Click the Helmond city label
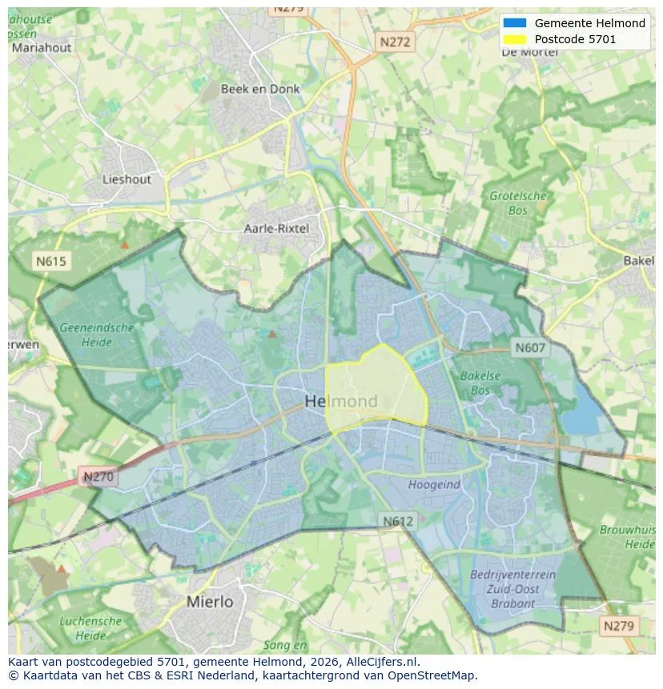tap(341, 401)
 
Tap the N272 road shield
tap(395, 42)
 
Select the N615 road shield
tap(51, 261)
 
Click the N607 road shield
tap(529, 348)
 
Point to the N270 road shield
tap(98, 477)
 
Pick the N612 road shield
tap(398, 521)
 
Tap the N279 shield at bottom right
tap(620, 626)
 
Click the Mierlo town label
tap(209, 601)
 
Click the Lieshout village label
tap(127, 179)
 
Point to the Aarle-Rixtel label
tap(276, 229)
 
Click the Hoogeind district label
tap(434, 485)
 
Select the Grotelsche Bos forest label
tap(517, 203)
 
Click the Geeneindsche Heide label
tap(96, 334)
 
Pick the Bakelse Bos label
tap(480, 383)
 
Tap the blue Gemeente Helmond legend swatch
tap(515, 23)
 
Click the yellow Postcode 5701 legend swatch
tap(515, 38)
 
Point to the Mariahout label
tap(41, 47)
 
